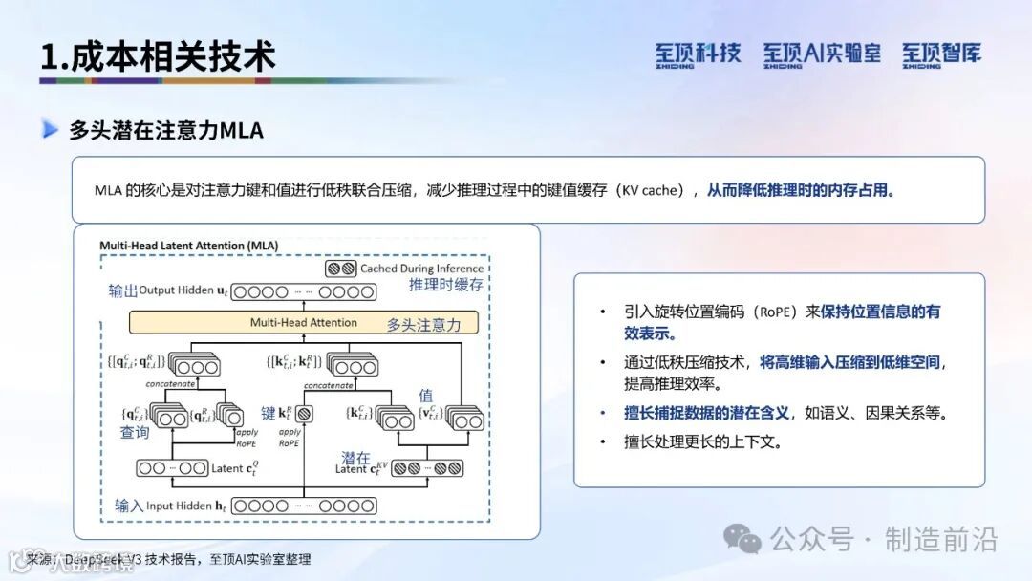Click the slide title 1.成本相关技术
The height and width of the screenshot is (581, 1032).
[x=158, y=56]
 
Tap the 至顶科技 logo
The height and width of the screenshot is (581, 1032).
[x=698, y=54]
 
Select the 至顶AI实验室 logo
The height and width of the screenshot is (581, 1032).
[x=822, y=54]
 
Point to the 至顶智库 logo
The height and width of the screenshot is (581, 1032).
[x=941, y=54]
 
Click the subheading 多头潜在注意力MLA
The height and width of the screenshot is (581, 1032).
[x=165, y=130]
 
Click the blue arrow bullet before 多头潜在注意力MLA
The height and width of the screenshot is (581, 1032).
[x=50, y=130]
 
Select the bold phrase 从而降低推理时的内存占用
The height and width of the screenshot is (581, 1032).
[x=801, y=190]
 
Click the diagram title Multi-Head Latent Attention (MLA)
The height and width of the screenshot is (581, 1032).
[x=189, y=246]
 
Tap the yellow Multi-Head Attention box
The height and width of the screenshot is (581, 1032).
[x=304, y=323]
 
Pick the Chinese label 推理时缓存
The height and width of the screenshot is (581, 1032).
[x=446, y=286]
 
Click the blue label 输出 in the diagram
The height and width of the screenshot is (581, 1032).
[x=123, y=290]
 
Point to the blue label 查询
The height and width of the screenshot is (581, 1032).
[x=135, y=433]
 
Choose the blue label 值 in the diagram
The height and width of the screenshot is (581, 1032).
[x=426, y=395]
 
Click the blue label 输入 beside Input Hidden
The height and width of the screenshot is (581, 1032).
[x=128, y=506]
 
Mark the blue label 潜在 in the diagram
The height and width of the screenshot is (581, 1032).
[x=355, y=458]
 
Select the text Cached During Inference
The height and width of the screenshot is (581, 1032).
[x=421, y=269]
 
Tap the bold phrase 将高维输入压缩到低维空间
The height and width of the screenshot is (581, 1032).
[x=849, y=362]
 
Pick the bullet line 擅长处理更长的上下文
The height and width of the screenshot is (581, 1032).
[x=703, y=442]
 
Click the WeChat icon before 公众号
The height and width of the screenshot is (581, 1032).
[x=742, y=539]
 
